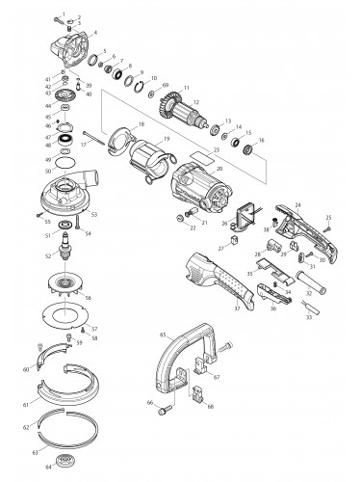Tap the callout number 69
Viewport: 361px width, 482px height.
[x=165, y=87]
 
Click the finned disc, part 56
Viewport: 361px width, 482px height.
[x=67, y=290]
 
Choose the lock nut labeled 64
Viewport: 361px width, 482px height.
[x=68, y=459]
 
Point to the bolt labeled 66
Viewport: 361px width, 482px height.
[x=164, y=412]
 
